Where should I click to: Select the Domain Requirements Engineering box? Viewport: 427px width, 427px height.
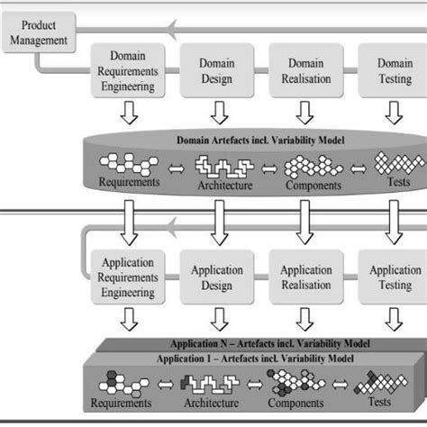127,72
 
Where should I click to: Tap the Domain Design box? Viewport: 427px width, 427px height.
217,72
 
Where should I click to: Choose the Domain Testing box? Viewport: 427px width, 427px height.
394,72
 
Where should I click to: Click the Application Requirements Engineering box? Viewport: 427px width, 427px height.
127,278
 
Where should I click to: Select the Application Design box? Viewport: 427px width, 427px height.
217,278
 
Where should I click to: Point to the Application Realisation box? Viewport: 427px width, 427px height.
306,278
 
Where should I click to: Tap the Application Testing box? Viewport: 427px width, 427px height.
394,278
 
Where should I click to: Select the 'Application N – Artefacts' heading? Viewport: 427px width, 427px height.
261,343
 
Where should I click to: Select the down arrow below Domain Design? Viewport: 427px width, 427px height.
217,113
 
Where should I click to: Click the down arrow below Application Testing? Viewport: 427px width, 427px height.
394,320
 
